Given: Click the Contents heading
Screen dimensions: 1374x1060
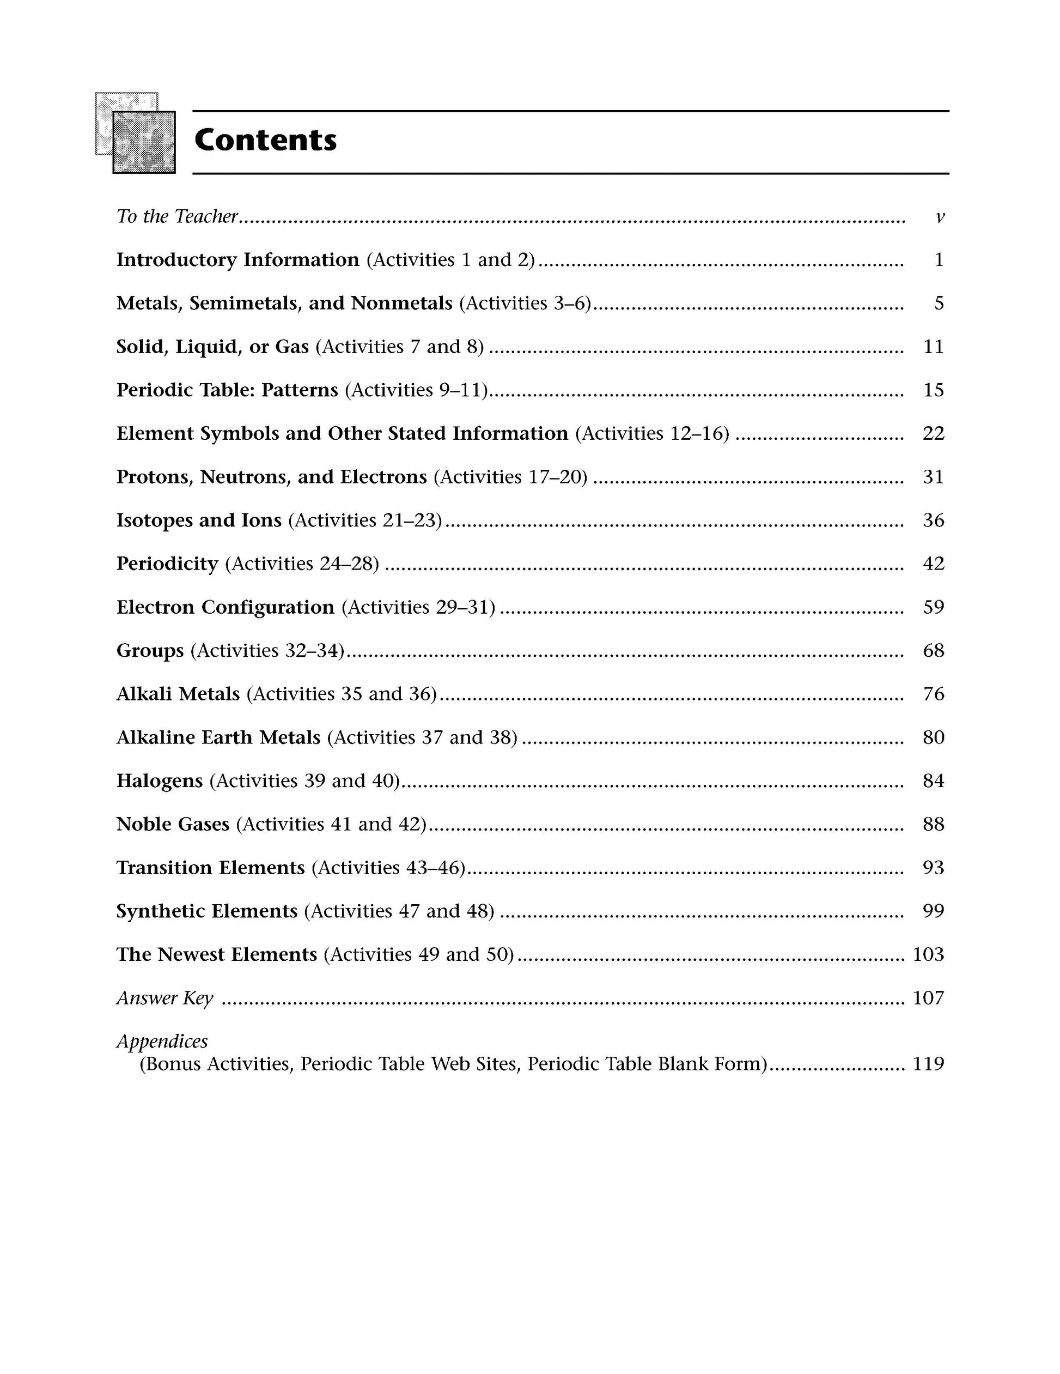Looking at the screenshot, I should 265,140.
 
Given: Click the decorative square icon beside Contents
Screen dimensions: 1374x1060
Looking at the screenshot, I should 136,134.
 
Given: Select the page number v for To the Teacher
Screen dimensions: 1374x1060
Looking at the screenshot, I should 939,217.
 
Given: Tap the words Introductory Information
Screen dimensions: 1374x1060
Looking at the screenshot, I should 237,260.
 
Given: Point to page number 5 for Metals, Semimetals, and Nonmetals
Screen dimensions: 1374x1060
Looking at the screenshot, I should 939,303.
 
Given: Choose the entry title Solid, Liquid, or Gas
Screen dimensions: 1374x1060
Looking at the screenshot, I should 212,347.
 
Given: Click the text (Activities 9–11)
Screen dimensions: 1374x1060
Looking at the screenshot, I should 417,390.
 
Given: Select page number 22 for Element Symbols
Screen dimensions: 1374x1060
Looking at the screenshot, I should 933,433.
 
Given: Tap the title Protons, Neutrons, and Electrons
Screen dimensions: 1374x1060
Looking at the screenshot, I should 272,477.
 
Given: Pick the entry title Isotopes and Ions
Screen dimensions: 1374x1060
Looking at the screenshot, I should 199,520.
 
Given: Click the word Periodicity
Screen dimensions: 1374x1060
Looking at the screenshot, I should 167,564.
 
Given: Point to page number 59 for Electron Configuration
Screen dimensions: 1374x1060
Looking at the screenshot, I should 933,607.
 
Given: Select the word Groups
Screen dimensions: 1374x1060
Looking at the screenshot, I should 150,651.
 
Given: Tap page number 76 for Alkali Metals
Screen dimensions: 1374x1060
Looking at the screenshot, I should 933,694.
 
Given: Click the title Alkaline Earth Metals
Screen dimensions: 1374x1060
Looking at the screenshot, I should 218,737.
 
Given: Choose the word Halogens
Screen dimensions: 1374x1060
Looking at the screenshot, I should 160,780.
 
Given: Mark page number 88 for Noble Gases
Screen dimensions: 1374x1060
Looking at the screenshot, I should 933,824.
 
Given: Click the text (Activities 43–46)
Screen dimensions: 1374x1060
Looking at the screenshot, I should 388,868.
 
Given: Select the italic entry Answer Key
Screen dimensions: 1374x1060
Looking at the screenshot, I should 165,998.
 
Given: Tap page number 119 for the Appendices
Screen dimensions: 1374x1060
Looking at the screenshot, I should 928,1064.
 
